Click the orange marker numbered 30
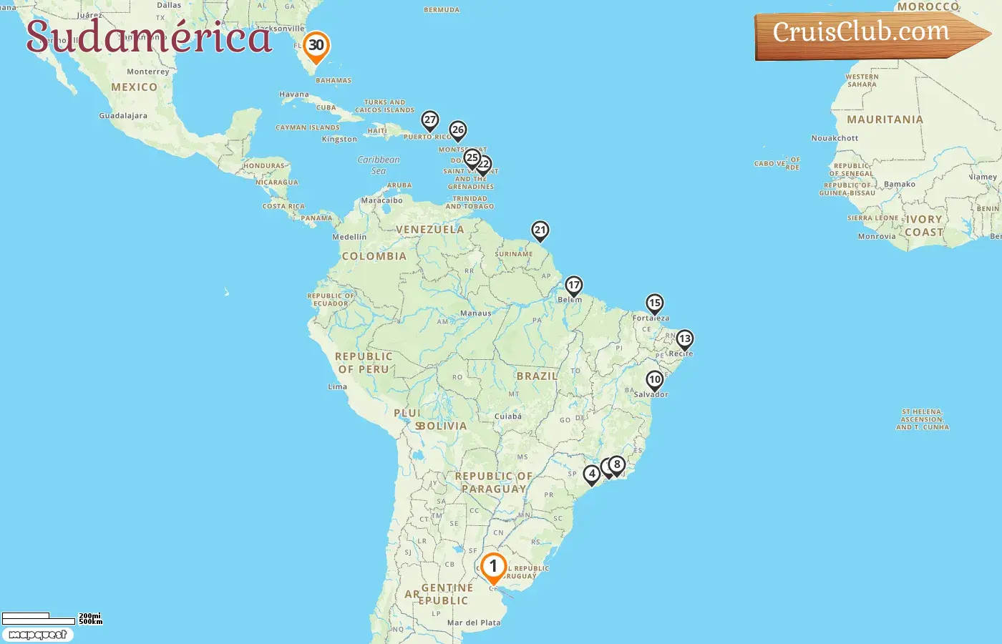pyautogui.click(x=316, y=47)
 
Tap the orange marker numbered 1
pyautogui.click(x=493, y=567)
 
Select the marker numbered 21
pyautogui.click(x=540, y=230)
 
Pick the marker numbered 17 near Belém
pyautogui.click(x=574, y=286)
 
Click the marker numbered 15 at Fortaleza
pyautogui.click(x=655, y=303)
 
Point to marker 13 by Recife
pyautogui.click(x=685, y=339)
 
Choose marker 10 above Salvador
pyautogui.click(x=655, y=380)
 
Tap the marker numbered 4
pyautogui.click(x=592, y=474)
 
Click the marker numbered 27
pyautogui.click(x=430, y=120)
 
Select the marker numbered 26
pyautogui.click(x=458, y=131)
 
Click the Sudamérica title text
pyautogui.click(x=149, y=37)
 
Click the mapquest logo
pyautogui.click(x=38, y=635)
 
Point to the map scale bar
pyautogui.click(x=39, y=618)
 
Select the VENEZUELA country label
pyautogui.click(x=430, y=230)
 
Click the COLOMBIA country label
pyautogui.click(x=374, y=256)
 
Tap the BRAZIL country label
pyautogui.click(x=537, y=376)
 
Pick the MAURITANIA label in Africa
pyautogui.click(x=885, y=119)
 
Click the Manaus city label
pyautogui.click(x=476, y=313)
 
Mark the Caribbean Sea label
pyautogui.click(x=379, y=165)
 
